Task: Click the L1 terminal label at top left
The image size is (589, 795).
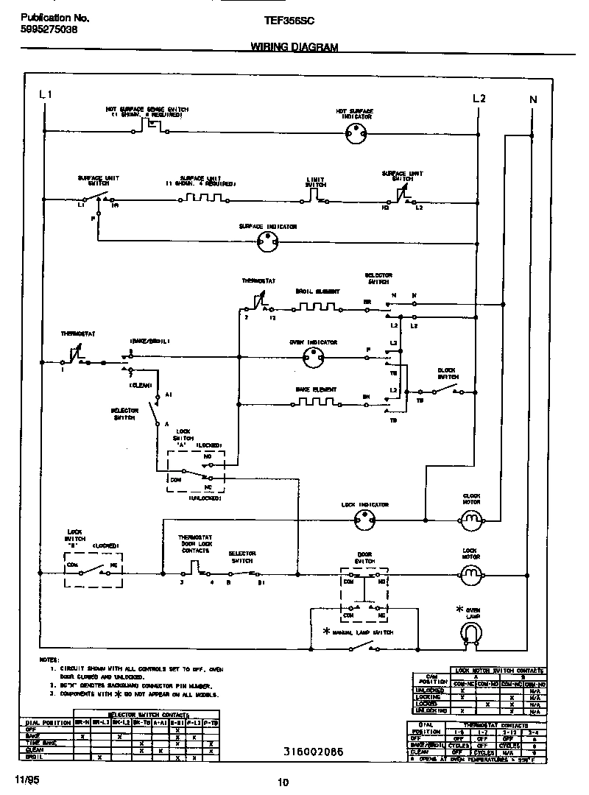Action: [x=45, y=94]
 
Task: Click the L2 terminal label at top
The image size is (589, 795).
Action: [x=479, y=98]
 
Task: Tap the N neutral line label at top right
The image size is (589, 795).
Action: [x=533, y=99]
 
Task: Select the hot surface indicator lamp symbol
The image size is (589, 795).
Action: [x=356, y=134]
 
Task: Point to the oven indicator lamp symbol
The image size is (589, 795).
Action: [x=314, y=358]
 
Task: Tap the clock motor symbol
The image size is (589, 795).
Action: [x=470, y=520]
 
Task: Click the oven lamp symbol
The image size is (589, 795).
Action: [x=470, y=632]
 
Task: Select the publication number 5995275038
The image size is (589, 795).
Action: [x=46, y=31]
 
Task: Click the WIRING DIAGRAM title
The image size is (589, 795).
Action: [x=294, y=46]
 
